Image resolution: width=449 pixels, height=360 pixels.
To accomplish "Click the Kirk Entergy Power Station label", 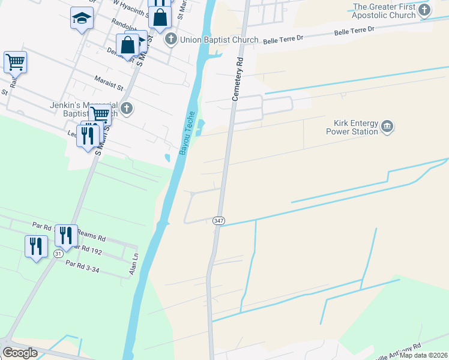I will tap(352, 127).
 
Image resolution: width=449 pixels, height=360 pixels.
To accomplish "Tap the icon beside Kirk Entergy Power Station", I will tap(387, 127).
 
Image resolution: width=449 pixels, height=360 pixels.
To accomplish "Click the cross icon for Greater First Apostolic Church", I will tap(424, 10).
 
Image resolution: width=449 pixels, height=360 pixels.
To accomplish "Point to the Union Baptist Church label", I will tap(218, 40).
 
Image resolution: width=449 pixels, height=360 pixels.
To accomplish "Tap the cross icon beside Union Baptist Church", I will tap(170, 40).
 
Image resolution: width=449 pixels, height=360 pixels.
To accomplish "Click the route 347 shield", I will tap(218, 221).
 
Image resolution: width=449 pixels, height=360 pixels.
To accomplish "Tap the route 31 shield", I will tap(58, 254).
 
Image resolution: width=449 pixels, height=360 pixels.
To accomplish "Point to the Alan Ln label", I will tap(134, 264).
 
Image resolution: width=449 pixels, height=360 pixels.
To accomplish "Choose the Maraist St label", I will tap(108, 82).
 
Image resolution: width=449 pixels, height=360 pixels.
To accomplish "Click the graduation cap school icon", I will tap(81, 18).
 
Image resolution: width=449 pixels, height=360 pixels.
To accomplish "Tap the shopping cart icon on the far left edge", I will tap(15, 62).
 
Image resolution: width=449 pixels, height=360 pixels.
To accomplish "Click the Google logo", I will tap(20, 353).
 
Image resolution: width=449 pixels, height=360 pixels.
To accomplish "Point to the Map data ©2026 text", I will tap(424, 355).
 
